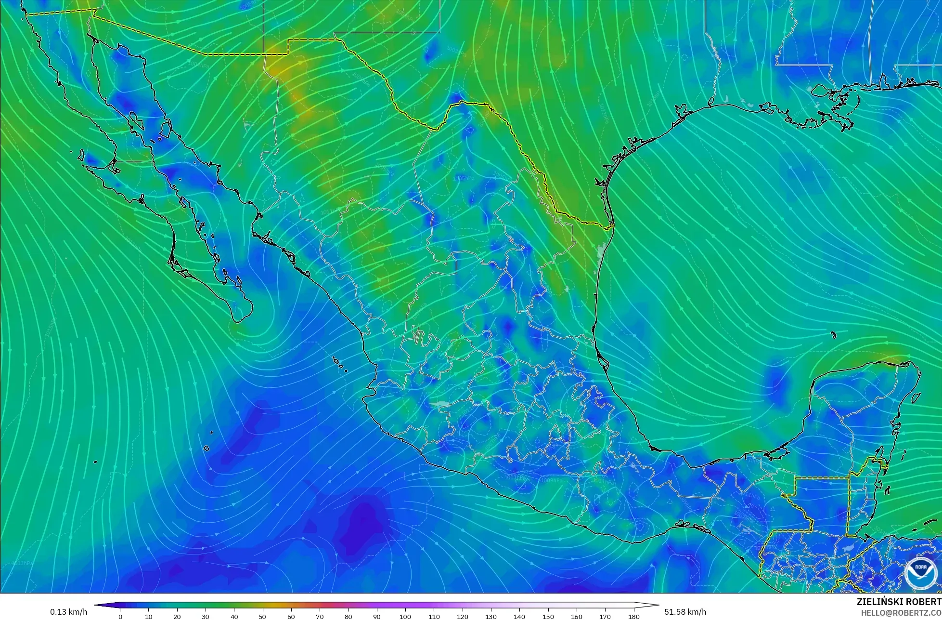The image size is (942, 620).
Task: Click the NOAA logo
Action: pos(920,572)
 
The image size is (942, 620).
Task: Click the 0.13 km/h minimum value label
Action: pos(68,612)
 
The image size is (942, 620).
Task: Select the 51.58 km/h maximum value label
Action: pos(685,612)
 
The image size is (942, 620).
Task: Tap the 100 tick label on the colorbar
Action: pos(405,617)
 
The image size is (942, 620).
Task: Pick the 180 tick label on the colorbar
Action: pos(633,617)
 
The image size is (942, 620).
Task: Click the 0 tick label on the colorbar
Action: pos(120,617)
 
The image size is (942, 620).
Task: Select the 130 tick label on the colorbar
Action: pos(491,617)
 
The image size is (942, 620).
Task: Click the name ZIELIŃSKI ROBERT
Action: pos(899,602)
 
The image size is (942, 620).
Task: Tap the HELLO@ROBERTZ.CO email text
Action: pos(901,612)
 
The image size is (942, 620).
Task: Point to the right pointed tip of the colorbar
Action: pos(658,605)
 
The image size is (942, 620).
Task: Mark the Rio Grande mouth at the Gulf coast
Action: pos(612,226)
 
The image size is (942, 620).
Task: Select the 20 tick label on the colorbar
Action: pos(177,617)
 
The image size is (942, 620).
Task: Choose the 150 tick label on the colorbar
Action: pos(548,617)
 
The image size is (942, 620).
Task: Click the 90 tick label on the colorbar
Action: pos(377,617)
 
